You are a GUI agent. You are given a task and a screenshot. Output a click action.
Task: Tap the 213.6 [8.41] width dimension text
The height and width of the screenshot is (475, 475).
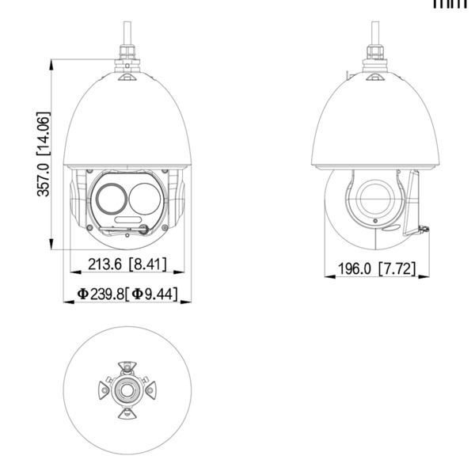click(x=127, y=265)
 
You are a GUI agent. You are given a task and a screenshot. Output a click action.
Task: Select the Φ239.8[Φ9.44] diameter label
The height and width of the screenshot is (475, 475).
click(x=127, y=294)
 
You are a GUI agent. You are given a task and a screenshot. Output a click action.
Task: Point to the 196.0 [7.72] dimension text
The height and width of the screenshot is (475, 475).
click(x=376, y=268)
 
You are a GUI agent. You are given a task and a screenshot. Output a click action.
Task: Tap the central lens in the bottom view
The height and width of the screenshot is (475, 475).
click(x=127, y=390)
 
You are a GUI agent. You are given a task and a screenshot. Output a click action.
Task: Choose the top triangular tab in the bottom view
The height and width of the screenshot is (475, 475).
click(x=127, y=367)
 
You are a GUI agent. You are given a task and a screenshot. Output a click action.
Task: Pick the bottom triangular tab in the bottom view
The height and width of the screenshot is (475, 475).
click(x=127, y=413)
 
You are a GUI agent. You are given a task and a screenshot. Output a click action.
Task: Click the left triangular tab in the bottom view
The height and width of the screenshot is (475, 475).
click(x=104, y=390)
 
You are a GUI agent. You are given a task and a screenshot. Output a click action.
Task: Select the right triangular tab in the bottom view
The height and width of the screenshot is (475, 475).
click(x=149, y=390)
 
